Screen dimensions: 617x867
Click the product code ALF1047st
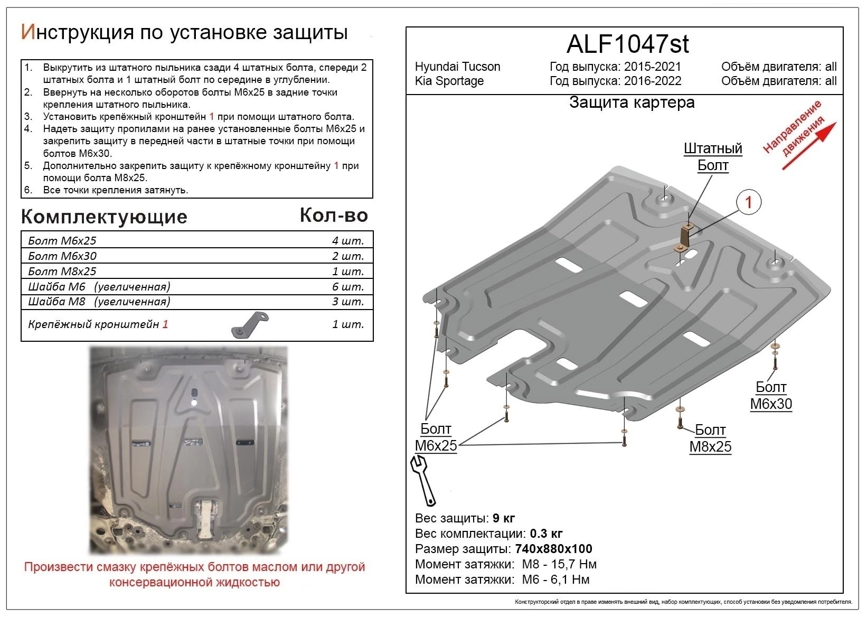627,44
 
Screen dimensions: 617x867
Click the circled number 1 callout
748,202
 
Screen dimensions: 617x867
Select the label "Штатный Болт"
713,157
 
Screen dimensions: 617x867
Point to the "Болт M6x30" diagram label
771,396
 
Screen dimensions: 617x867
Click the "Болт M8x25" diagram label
710,438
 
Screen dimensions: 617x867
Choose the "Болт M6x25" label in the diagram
436,437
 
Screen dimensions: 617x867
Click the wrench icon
422,480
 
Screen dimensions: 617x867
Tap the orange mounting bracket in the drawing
685,237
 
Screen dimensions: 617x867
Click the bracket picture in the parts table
250,324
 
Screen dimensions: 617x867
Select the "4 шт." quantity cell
348,241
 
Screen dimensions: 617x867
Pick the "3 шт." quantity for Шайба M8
348,302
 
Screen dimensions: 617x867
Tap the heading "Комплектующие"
104,217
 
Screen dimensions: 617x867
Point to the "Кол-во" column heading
334,215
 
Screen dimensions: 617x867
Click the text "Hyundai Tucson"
457,67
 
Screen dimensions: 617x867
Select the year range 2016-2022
653,81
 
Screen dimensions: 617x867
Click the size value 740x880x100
553,549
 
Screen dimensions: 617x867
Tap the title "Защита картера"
632,102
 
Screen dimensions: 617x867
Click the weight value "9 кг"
503,518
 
